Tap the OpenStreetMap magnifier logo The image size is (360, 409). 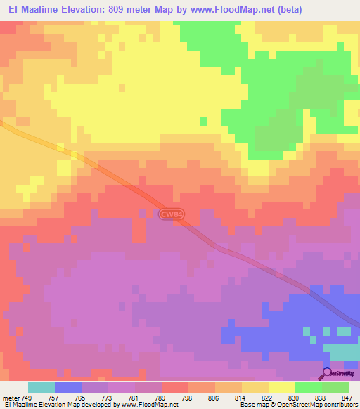326,372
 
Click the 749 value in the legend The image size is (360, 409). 27,398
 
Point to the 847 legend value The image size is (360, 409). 348,398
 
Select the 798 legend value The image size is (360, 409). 188,398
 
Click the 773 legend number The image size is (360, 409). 108,398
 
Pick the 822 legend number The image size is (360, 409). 268,398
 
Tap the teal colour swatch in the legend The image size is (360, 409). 41,387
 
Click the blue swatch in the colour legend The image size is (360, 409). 67,387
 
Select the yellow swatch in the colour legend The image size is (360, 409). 281,387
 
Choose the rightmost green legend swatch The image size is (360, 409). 335,387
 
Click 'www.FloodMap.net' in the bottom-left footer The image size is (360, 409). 150,405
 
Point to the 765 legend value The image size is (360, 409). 81,398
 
